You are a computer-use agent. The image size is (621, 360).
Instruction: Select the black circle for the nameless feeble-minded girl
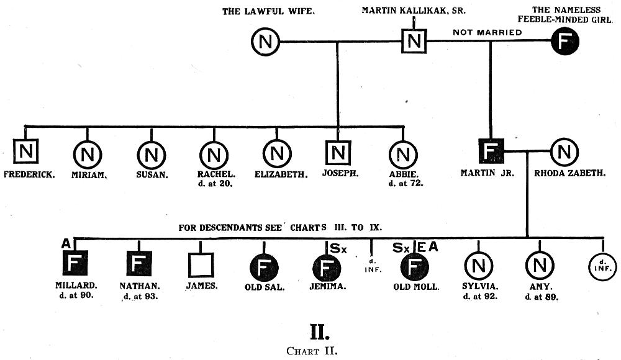pos(565,42)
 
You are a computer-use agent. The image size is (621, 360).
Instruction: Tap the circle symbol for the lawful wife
pos(265,42)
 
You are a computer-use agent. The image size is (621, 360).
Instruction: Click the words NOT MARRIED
pos(487,32)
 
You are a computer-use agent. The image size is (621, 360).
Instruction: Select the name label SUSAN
pos(152,174)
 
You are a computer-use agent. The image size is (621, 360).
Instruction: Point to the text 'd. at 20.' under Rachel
pos(215,184)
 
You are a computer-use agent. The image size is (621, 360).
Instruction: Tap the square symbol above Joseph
pos(338,151)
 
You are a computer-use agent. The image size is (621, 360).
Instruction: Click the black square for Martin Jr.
pos(490,151)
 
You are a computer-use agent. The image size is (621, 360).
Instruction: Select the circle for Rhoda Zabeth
pos(564,151)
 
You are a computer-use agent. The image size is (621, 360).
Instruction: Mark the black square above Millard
pos(75,265)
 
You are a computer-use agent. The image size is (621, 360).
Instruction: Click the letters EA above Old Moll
pos(427,247)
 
